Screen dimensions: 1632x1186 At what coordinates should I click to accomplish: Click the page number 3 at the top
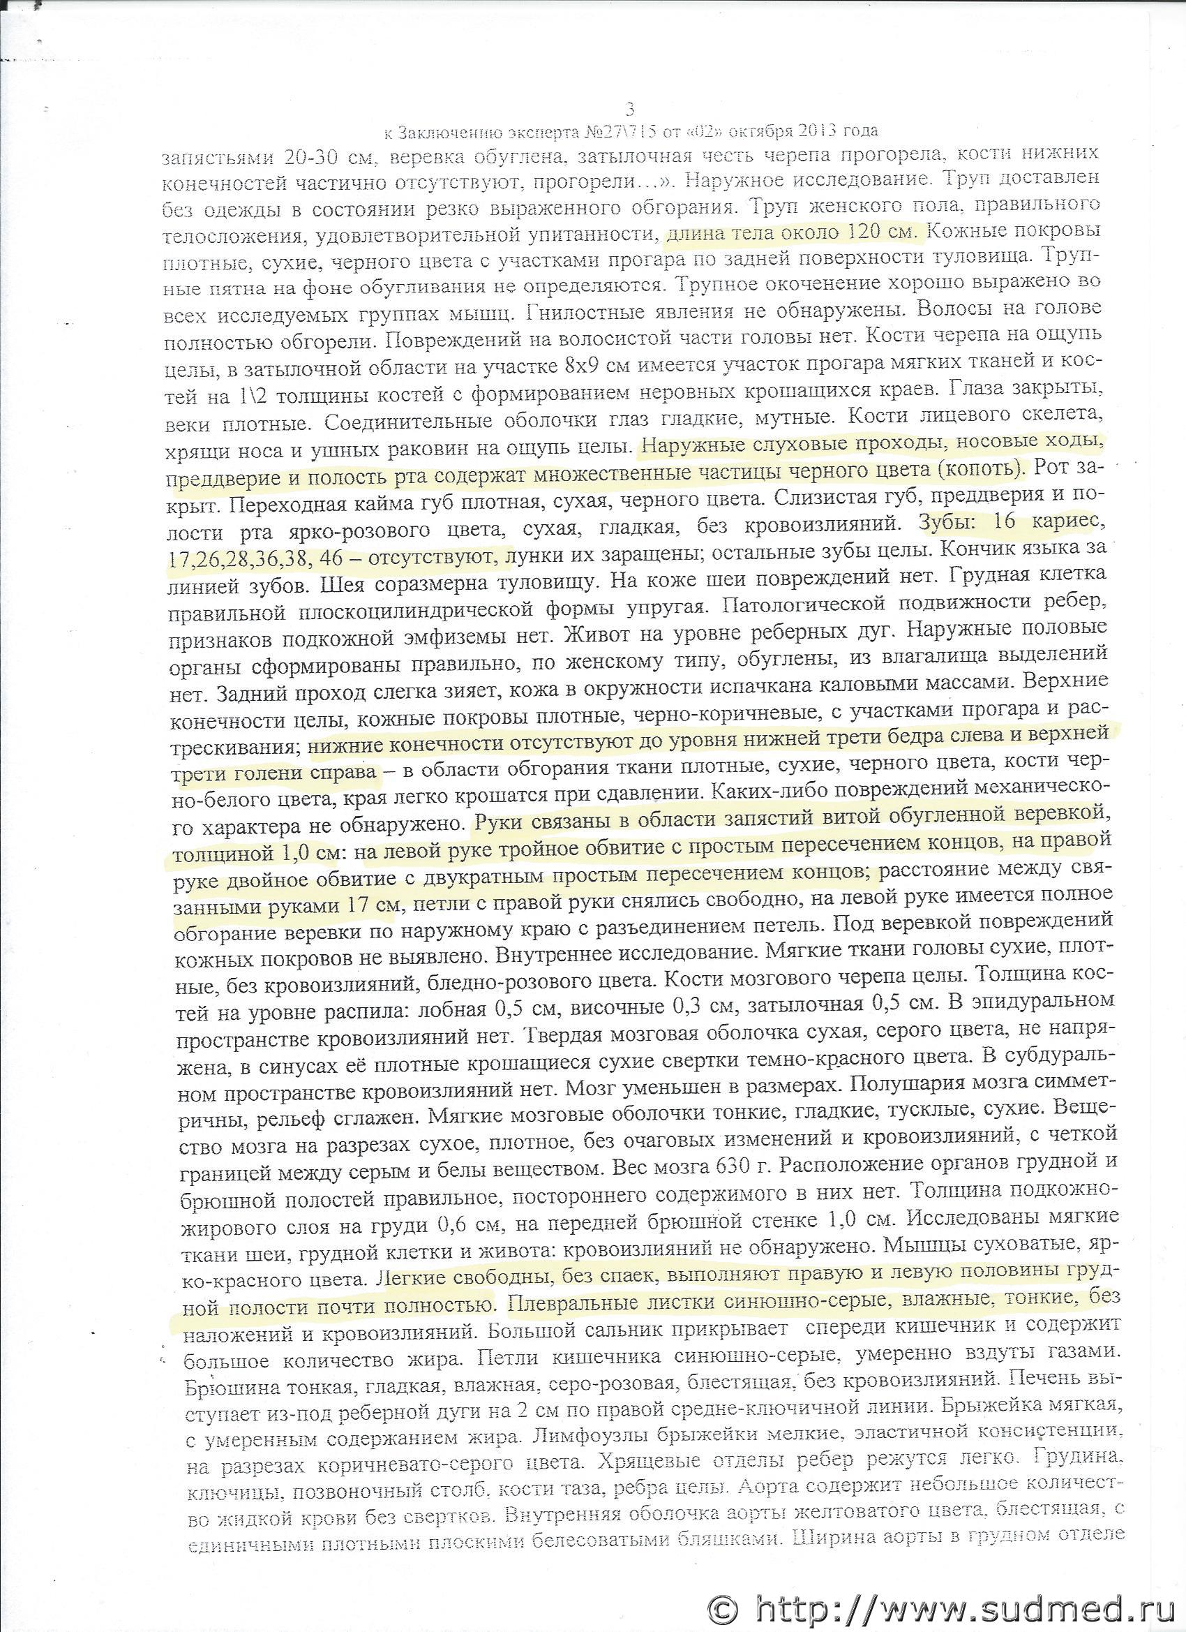[x=630, y=109]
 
